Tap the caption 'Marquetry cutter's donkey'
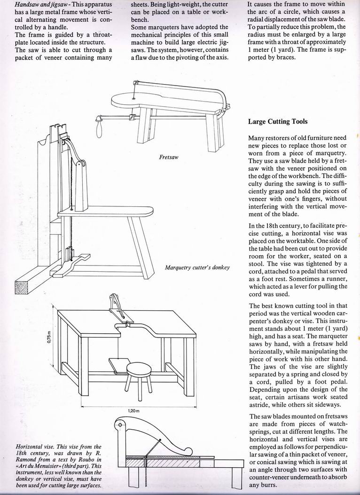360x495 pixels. click(197, 267)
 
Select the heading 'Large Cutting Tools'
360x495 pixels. click(278, 122)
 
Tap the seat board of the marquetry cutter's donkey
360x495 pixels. click(106, 212)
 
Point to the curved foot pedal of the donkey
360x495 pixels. click(73, 264)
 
